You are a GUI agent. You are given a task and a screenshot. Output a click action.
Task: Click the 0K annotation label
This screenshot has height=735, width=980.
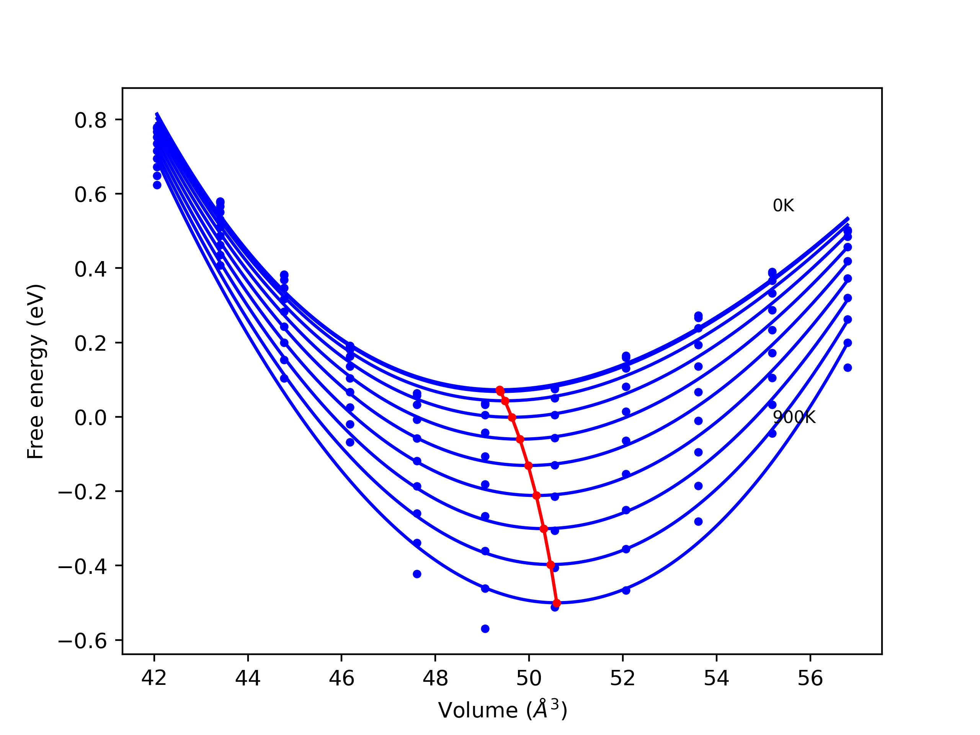tap(783, 206)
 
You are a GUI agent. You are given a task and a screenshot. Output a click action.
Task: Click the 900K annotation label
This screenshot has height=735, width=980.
tap(794, 417)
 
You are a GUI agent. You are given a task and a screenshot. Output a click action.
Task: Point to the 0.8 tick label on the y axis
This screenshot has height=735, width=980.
tap(90, 121)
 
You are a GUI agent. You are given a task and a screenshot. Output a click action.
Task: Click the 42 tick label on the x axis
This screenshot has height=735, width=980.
tap(154, 678)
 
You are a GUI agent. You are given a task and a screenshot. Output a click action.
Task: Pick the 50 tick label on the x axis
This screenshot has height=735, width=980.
tap(529, 678)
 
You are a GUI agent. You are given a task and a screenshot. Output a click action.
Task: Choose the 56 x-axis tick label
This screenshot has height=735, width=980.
tap(810, 678)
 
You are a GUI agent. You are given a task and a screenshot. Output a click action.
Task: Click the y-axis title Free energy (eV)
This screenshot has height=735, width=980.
tap(36, 371)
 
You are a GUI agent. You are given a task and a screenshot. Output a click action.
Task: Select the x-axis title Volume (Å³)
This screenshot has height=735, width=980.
tap(502, 710)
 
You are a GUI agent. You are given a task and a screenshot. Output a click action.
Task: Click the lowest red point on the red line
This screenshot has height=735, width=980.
tap(557, 603)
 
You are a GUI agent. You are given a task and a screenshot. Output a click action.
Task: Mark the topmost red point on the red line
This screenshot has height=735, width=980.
tap(500, 390)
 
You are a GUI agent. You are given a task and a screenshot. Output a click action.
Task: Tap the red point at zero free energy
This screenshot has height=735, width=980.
tap(512, 417)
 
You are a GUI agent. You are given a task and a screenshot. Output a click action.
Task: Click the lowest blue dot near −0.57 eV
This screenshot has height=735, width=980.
tap(485, 629)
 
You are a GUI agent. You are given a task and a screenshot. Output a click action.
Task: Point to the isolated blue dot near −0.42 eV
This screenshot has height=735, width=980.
tap(417, 574)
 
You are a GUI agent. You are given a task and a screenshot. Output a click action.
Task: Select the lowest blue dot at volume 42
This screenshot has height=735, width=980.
tap(157, 185)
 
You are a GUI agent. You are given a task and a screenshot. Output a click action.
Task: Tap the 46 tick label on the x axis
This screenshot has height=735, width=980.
tap(341, 678)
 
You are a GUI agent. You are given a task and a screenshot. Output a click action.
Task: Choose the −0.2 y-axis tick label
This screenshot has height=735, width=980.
tap(82, 492)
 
